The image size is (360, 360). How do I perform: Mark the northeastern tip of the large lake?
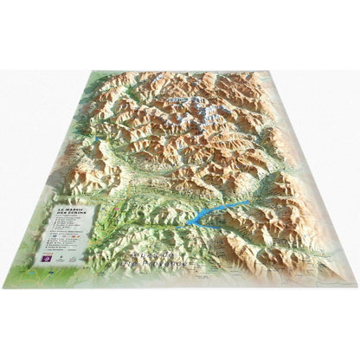point(248,202)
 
